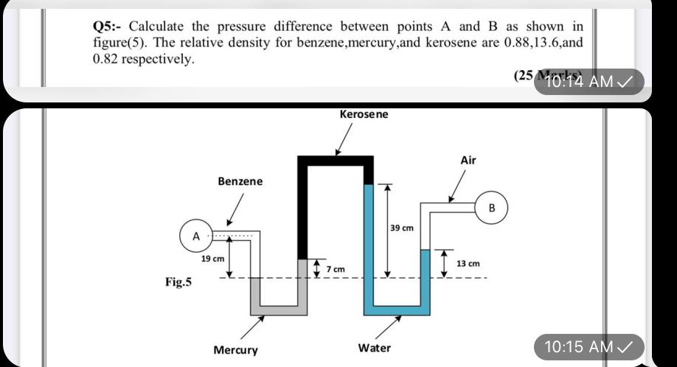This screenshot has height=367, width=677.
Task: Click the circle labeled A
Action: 195,237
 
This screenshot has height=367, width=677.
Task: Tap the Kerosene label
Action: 364,115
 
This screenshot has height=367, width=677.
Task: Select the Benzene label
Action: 240,181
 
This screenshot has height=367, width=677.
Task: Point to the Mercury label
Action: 235,350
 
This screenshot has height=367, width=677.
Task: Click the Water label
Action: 375,347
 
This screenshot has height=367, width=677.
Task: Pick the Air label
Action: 468,160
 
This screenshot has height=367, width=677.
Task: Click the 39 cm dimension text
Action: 402,228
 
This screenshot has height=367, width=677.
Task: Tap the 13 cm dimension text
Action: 468,263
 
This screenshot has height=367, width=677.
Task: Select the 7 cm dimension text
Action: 336,270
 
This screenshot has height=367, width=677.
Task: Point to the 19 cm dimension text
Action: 213,259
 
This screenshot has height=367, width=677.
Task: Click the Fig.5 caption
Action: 178,282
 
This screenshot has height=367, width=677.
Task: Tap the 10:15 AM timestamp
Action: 578,346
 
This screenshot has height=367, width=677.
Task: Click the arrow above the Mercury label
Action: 253,327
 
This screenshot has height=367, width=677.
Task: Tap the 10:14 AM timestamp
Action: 579,83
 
